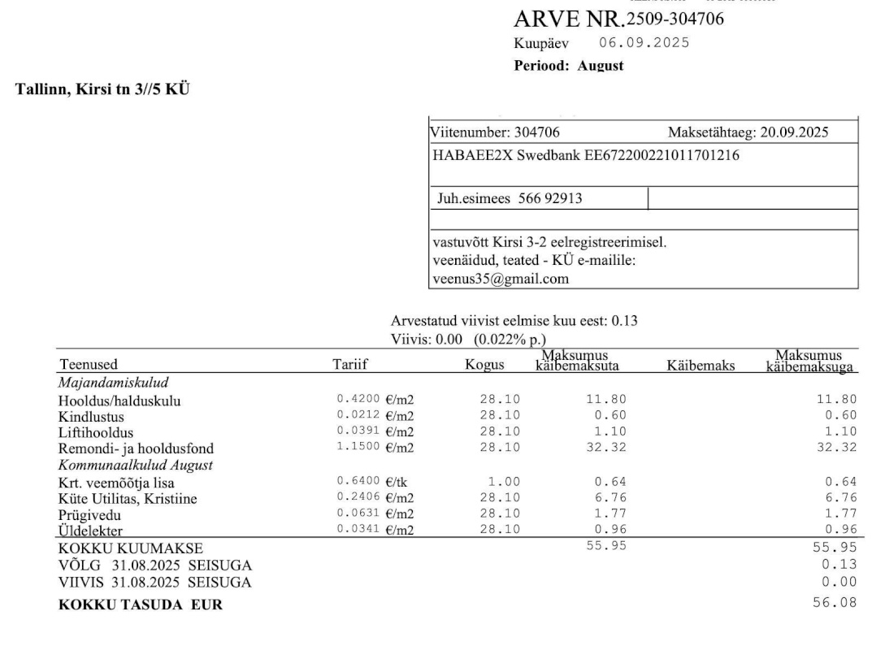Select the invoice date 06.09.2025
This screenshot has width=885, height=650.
[x=644, y=43]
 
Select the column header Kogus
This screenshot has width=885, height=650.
[x=484, y=366]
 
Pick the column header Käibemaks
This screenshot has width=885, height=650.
[x=700, y=366]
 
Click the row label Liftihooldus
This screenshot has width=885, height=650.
[x=96, y=431]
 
